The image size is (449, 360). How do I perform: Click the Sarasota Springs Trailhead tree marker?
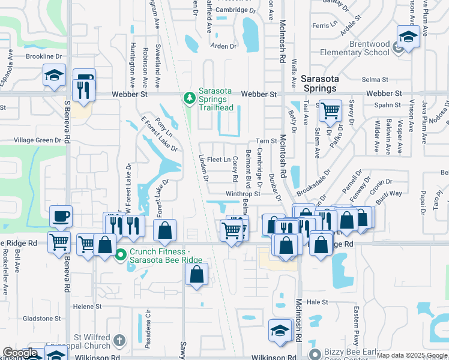click(190, 97)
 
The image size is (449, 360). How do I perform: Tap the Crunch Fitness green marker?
click(121, 254)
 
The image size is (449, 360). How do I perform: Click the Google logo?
click(20, 353)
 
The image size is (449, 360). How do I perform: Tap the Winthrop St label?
click(243, 194)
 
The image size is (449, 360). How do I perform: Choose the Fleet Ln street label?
click(218, 160)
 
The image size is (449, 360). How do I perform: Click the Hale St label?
click(316, 302)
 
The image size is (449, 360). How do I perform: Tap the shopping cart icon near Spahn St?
click(330, 110)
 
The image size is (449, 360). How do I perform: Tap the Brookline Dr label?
click(44, 56)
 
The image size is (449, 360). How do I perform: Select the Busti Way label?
click(388, 194)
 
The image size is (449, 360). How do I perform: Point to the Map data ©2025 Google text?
click(412, 355)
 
